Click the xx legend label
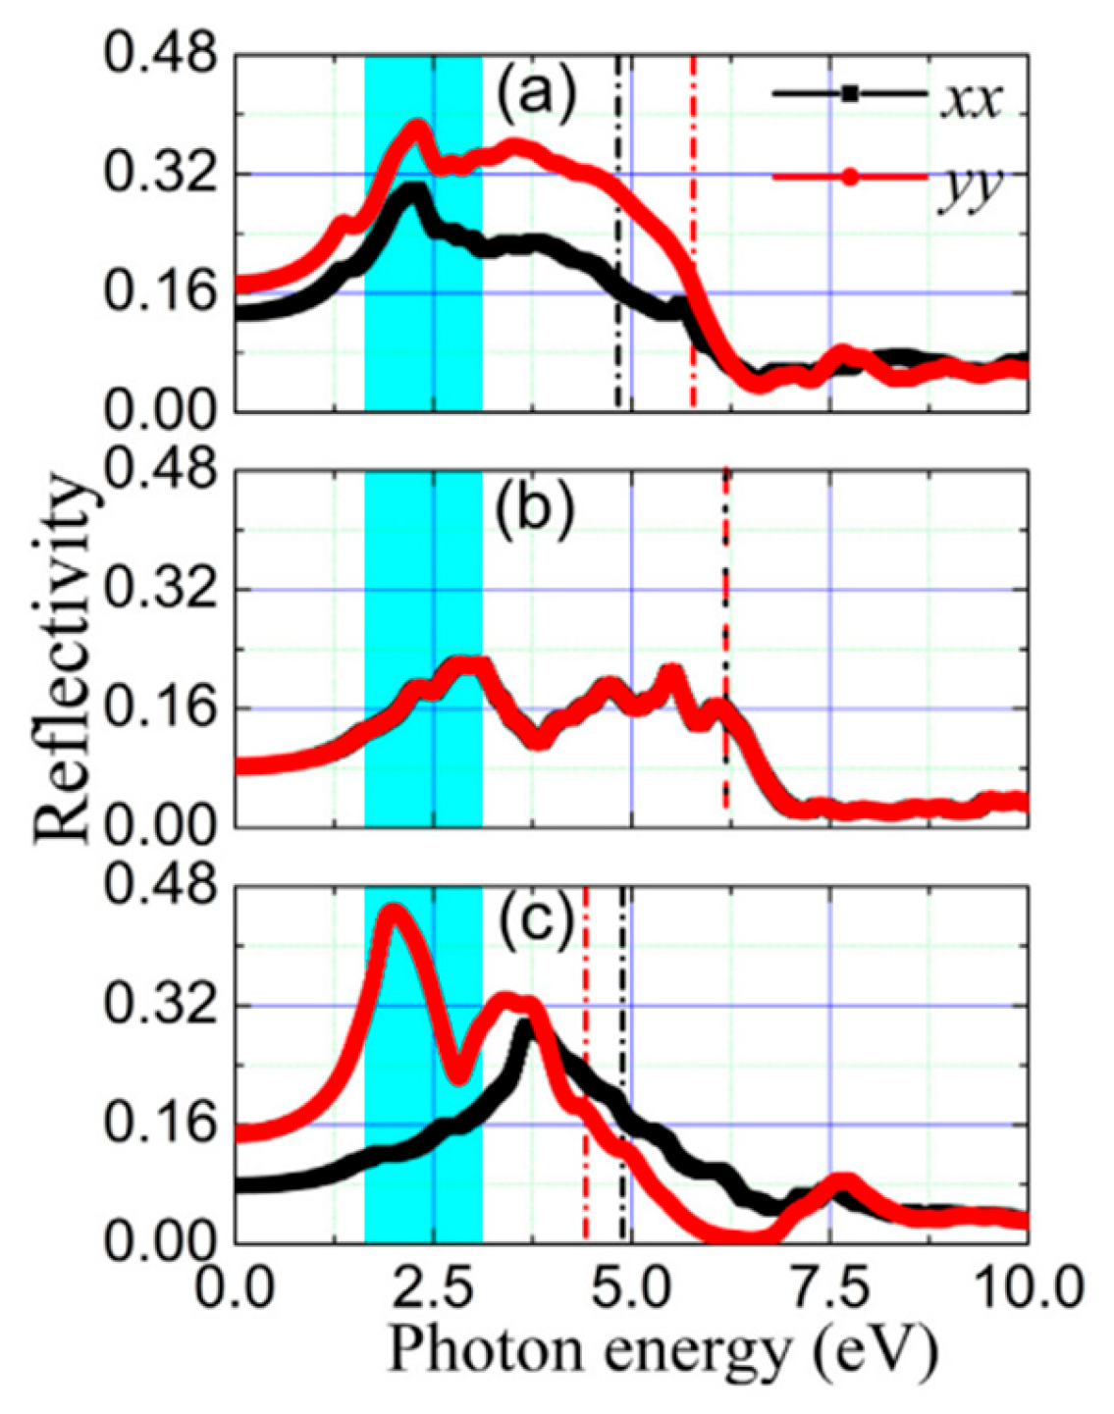(971, 100)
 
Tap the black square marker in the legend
(850, 94)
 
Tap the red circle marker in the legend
(850, 177)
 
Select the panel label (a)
(534, 98)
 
